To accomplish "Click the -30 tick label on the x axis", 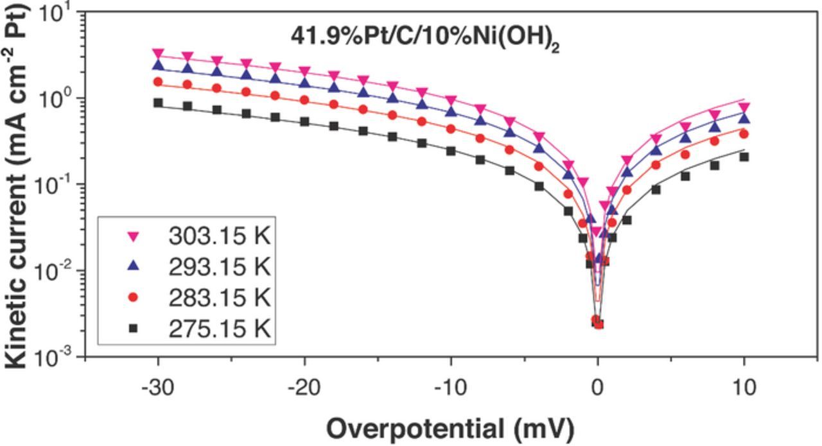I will click(x=157, y=388).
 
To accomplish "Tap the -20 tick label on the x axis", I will click(x=304, y=388).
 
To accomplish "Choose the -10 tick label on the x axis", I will click(x=451, y=388).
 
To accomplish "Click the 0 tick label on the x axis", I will click(x=598, y=388).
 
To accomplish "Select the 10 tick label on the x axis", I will click(x=744, y=388).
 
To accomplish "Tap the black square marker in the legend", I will click(x=134, y=329).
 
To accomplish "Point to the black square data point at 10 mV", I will click(x=744, y=157).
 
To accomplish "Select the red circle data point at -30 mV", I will click(x=158, y=82).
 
